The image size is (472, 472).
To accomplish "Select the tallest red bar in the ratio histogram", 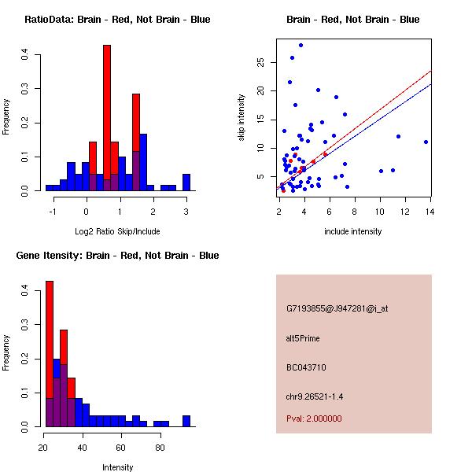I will [x=107, y=118].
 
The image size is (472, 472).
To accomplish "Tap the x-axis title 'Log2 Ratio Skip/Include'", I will [x=118, y=231].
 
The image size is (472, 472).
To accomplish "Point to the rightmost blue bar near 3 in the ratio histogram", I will [x=186, y=183].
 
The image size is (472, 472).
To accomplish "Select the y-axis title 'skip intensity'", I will [x=242, y=118].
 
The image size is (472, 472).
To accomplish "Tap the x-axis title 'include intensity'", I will [x=353, y=231].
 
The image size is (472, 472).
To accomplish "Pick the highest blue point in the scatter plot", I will [x=301, y=45].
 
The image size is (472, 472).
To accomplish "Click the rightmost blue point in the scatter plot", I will [x=426, y=142].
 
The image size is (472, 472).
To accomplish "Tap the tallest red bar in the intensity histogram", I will [x=50, y=354].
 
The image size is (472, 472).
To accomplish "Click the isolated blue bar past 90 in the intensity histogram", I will [x=186, y=421].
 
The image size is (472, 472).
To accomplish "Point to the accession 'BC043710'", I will [x=306, y=367].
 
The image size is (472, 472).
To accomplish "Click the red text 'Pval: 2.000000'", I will [x=314, y=419].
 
